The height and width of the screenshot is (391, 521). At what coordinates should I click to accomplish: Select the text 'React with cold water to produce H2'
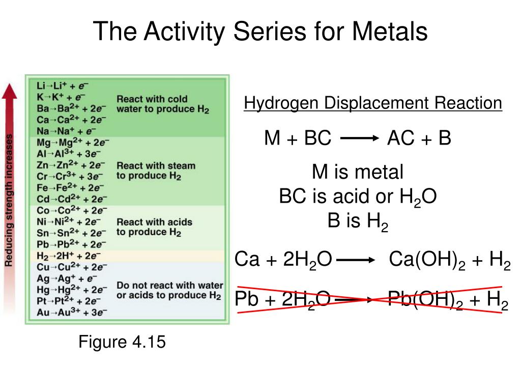coord(163,104)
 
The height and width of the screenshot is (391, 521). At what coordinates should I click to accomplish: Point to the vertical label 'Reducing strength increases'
coord(10,199)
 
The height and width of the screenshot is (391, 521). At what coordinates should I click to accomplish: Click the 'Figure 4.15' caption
coord(122,342)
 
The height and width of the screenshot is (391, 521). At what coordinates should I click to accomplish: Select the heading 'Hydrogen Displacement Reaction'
coord(373,103)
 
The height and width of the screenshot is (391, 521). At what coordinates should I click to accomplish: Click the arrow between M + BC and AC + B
coord(359,138)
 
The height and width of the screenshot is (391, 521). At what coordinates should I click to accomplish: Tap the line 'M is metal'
coord(358,173)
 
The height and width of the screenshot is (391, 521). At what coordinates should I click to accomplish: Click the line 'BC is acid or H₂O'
coord(358,197)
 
